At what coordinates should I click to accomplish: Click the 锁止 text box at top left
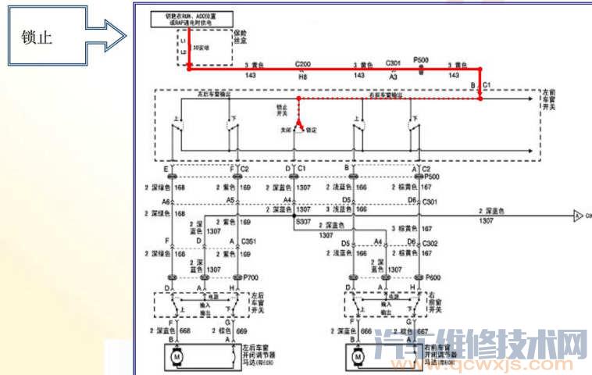click(39, 37)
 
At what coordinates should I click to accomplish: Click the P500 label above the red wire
click(421, 60)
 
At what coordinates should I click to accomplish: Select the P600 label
click(432, 278)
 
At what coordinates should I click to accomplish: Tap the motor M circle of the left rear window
click(177, 357)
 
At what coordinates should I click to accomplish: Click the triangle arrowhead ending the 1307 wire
click(577, 215)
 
